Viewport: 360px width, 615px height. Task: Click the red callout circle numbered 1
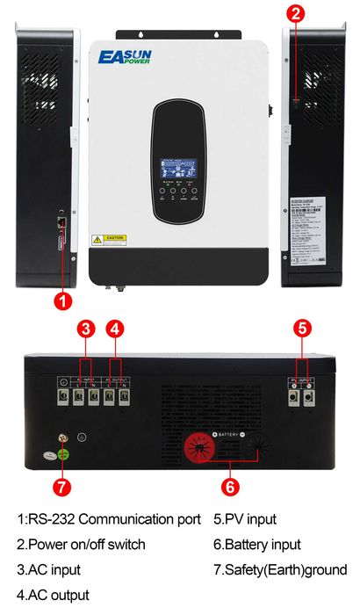61,300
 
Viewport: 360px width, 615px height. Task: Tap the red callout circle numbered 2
296,13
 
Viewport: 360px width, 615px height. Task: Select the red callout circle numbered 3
84,329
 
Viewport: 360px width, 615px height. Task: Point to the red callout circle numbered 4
115,329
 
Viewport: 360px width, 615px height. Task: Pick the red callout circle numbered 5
301,329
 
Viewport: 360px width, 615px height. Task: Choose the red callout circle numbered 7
61,484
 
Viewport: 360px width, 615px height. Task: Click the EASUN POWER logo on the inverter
126,57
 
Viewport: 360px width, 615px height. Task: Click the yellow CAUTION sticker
111,238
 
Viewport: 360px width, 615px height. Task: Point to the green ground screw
63,454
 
